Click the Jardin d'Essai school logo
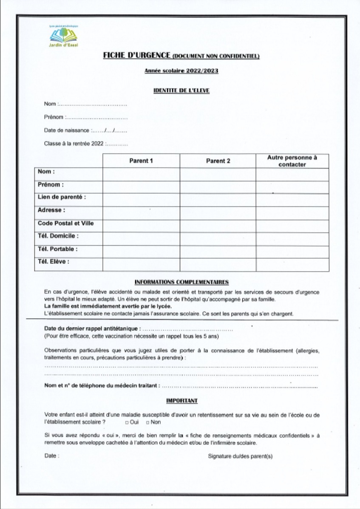64,37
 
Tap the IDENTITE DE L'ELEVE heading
181,90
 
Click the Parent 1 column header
141,161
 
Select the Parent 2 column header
218,161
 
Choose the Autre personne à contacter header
292,161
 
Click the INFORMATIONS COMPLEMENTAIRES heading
181,282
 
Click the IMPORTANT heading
181,401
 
